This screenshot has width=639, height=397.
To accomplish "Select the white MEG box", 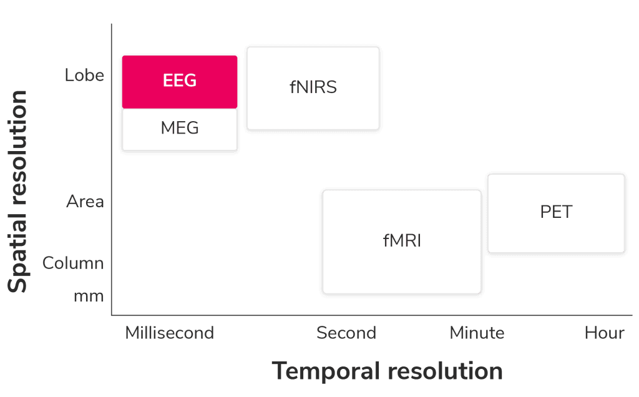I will [x=180, y=129].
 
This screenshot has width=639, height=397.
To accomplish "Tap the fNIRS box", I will [x=313, y=88].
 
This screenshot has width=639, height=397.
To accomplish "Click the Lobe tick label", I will [x=85, y=76].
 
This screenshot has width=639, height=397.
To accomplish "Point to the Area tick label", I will [x=85, y=202].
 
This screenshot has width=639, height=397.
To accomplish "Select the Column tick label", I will [x=73, y=263].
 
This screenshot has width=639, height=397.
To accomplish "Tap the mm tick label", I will [x=89, y=295].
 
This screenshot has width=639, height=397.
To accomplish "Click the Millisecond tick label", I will [x=170, y=333].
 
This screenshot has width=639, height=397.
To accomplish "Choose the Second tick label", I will [x=346, y=333].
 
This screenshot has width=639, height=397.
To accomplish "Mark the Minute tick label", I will [x=477, y=333].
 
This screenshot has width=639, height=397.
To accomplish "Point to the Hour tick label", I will [x=604, y=333].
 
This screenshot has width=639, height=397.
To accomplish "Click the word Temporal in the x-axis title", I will [x=326, y=371].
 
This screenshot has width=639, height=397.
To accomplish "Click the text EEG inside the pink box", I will [x=180, y=81].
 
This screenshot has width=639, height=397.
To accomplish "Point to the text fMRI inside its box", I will [x=402, y=240].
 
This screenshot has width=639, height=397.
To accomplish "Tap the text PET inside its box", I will [x=556, y=212].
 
